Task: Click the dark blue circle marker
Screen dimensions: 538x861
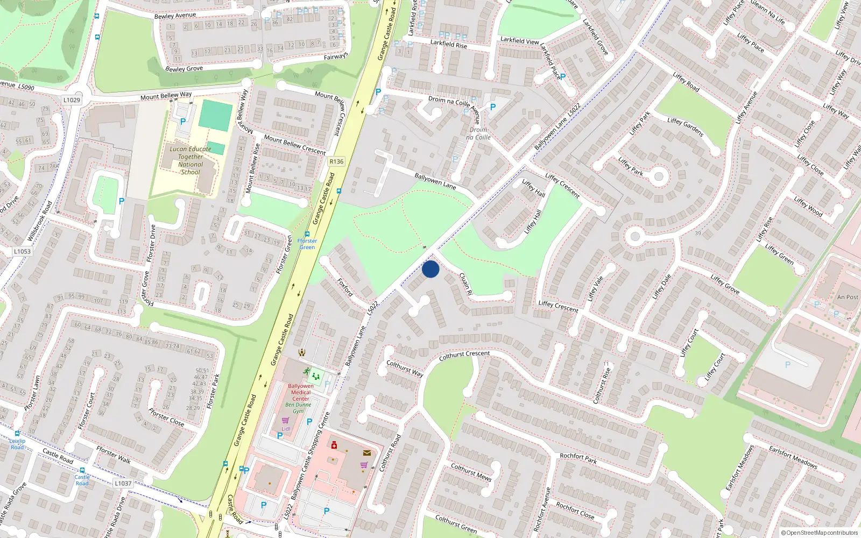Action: (x=430, y=269)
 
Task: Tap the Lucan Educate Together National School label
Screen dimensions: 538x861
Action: (x=190, y=160)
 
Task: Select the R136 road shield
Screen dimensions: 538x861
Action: (x=336, y=161)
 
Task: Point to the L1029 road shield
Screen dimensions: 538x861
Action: (x=72, y=100)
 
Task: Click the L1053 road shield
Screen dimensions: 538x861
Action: (x=22, y=251)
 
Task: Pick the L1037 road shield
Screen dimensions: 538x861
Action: (x=123, y=483)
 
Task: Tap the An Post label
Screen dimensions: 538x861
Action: (x=848, y=297)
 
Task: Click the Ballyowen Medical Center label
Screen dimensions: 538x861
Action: (x=301, y=392)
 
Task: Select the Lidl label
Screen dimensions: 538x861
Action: (x=286, y=429)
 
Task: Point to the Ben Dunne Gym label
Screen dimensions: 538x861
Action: (x=298, y=408)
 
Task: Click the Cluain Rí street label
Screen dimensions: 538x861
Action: (x=465, y=284)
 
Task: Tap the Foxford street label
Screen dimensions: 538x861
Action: (x=345, y=287)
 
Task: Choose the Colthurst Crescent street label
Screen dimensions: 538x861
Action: (x=464, y=356)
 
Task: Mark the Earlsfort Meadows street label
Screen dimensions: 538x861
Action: (x=793, y=457)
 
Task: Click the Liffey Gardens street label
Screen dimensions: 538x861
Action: (x=686, y=127)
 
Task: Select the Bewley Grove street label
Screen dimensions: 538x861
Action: (x=184, y=68)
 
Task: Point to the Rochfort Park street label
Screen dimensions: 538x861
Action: (x=578, y=458)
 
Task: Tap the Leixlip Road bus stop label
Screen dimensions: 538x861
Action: (x=17, y=444)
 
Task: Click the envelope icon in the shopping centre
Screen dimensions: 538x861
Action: (x=367, y=453)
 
